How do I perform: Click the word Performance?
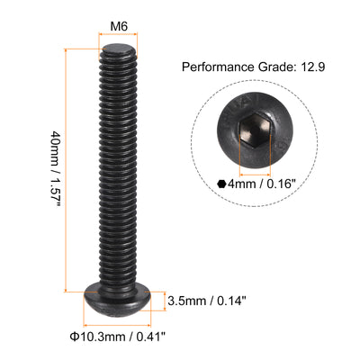coord(217,67)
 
